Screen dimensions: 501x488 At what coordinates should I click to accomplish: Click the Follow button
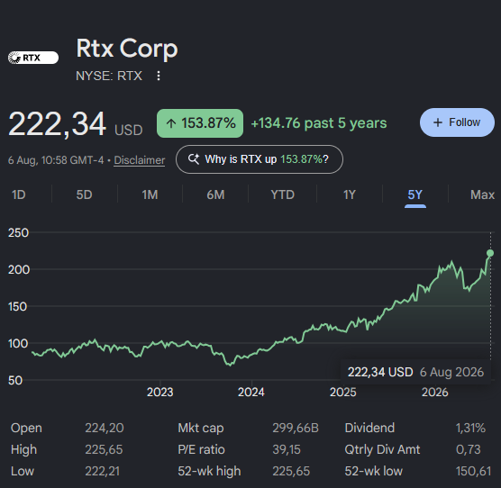[x=457, y=122]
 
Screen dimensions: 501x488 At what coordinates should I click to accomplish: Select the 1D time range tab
[x=19, y=194]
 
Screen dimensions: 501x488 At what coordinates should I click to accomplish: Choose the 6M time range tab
[x=215, y=194]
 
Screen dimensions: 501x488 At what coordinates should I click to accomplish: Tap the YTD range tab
[x=282, y=194]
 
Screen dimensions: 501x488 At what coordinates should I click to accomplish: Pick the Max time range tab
[x=482, y=194]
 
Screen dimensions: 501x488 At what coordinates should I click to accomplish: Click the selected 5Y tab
[x=415, y=194]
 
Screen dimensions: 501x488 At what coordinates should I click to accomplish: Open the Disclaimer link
[x=140, y=160]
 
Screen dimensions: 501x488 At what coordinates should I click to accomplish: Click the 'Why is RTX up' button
[x=260, y=159]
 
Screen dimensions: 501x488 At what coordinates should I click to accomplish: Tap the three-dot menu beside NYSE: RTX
[x=159, y=76]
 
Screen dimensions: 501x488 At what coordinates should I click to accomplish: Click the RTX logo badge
[x=33, y=58]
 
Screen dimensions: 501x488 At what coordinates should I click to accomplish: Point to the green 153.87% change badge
[x=200, y=123]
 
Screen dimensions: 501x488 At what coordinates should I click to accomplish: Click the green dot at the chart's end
[x=490, y=253]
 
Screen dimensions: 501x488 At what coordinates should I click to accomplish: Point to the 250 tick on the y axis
[x=19, y=232]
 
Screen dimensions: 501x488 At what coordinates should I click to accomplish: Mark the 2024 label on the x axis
[x=251, y=392]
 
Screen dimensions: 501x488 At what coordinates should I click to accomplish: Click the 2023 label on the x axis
[x=159, y=392]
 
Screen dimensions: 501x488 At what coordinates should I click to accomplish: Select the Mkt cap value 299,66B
[x=296, y=428]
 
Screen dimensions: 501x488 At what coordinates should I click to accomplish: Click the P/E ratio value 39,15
[x=287, y=449]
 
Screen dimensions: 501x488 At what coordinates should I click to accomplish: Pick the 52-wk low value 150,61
[x=474, y=471]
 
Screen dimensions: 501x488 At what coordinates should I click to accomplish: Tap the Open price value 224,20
[x=105, y=428]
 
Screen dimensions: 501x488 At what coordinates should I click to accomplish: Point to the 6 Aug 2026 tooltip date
[x=451, y=372]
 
